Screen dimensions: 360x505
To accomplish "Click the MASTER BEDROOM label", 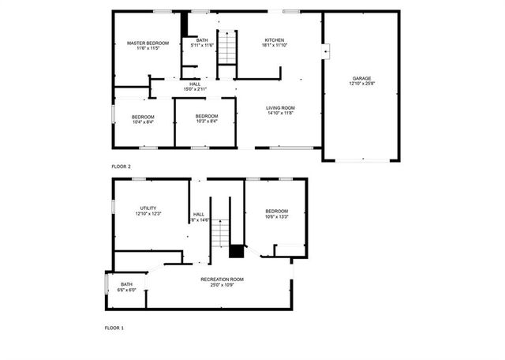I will (148, 43).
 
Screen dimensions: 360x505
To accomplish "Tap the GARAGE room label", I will (361, 78).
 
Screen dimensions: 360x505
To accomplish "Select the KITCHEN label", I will (274, 40).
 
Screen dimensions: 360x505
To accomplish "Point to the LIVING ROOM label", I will (280, 107).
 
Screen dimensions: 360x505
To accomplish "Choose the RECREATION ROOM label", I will (222, 279).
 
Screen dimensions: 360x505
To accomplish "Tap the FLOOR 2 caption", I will (121, 167).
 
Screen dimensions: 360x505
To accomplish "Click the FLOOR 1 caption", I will (114, 327).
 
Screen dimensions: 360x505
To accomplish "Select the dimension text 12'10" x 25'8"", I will (361, 84).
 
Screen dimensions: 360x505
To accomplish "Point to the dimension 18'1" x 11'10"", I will (274, 46).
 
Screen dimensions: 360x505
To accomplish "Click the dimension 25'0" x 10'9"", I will (222, 285).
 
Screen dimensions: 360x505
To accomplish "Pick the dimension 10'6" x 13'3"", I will (276, 216).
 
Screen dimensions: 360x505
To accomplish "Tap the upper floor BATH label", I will (203, 40).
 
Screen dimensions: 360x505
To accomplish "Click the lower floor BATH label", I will (127, 284).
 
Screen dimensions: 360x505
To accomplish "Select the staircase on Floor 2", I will (226, 48).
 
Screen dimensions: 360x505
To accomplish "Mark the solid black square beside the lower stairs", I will (237, 251).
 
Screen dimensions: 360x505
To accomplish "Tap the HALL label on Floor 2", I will (195, 84).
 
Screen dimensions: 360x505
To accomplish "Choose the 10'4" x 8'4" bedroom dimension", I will (143, 122).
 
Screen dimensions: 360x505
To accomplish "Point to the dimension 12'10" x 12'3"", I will (148, 213).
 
